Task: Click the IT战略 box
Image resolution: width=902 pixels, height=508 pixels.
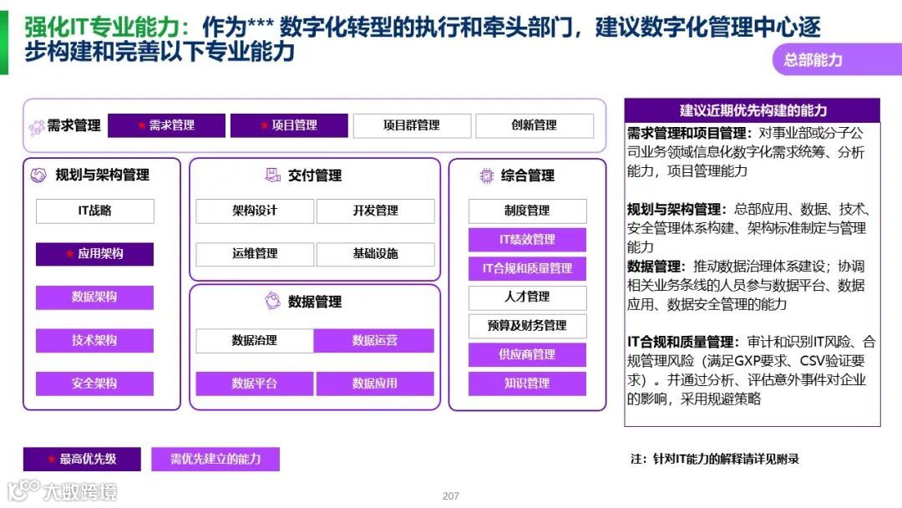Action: click(x=94, y=211)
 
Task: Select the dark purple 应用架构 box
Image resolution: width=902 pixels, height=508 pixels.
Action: click(x=94, y=254)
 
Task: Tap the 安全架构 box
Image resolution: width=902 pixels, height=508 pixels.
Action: click(x=94, y=384)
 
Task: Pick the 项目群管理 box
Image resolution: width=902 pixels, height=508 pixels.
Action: click(x=411, y=125)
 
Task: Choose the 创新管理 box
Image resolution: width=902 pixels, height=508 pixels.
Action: click(x=534, y=125)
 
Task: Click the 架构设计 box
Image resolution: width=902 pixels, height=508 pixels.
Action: click(x=255, y=211)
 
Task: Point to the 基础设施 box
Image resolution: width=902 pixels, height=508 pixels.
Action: click(x=375, y=254)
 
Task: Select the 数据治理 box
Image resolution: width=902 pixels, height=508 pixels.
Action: click(x=255, y=341)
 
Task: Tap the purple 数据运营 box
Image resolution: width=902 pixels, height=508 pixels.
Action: click(x=375, y=341)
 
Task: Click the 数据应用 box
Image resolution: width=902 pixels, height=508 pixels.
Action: click(x=375, y=384)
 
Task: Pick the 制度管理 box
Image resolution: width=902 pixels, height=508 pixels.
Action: click(x=527, y=211)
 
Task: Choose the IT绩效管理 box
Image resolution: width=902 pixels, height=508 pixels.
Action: click(x=527, y=240)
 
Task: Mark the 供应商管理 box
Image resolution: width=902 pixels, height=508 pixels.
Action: click(x=527, y=354)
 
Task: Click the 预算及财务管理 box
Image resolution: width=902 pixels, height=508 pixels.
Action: click(x=527, y=326)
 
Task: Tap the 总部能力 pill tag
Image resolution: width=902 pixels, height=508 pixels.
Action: click(x=813, y=60)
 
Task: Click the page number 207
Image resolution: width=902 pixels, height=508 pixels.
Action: click(x=451, y=496)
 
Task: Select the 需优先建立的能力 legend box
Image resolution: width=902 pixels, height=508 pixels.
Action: click(x=215, y=459)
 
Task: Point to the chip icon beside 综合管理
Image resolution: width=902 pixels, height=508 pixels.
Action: click(x=485, y=175)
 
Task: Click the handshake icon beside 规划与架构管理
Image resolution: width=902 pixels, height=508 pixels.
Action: click(x=38, y=175)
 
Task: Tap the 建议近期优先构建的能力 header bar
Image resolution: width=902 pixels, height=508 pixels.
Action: click(x=753, y=110)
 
